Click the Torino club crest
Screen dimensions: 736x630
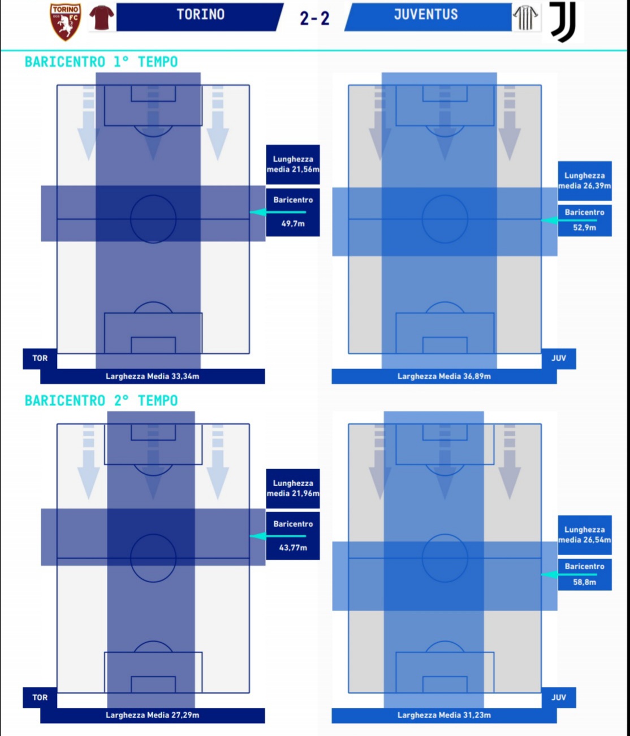[66, 21]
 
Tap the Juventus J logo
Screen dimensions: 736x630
[563, 21]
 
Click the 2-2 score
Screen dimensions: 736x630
[314, 18]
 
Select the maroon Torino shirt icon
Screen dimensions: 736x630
[102, 17]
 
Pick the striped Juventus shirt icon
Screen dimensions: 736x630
[525, 18]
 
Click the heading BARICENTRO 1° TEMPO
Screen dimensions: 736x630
[101, 62]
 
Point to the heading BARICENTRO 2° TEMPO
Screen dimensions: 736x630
[101, 401]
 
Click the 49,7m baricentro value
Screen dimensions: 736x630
[293, 223]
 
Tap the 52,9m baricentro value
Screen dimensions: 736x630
[584, 227]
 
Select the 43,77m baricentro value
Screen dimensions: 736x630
[293, 547]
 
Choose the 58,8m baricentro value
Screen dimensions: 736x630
[584, 582]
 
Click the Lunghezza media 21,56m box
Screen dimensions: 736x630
[293, 164]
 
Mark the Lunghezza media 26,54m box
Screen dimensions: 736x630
[584, 535]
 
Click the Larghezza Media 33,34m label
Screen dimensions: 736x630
[152, 376]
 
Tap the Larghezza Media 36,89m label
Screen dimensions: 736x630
[444, 376]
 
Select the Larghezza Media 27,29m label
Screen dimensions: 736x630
[152, 715]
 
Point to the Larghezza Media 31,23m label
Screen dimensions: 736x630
[444, 715]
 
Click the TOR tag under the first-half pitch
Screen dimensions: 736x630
[40, 358]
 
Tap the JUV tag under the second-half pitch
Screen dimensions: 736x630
[559, 697]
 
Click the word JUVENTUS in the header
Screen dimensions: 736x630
[426, 15]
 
